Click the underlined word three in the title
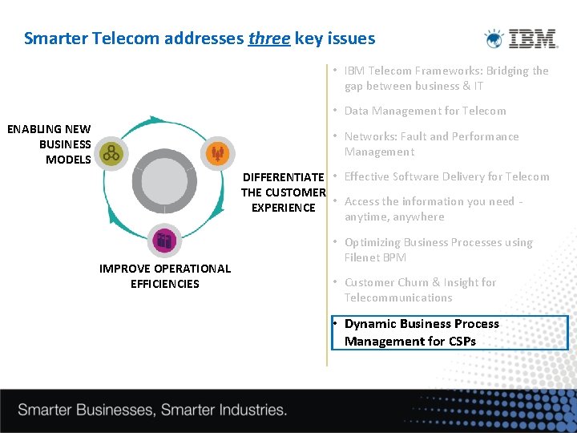269,38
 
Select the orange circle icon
216,153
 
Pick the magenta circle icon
164,240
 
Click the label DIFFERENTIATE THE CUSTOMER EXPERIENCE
284,192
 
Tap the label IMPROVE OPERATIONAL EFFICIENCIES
164,276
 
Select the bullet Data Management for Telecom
425,111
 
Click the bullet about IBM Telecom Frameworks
446,79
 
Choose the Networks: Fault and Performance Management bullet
431,144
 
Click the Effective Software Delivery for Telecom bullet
446,177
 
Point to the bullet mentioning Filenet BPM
438,250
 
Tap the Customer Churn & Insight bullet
420,290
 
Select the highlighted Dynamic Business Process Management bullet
449,333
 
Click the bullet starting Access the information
433,209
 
